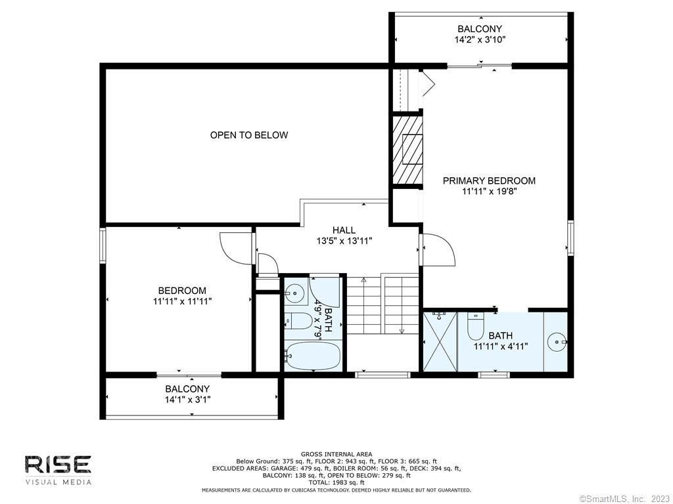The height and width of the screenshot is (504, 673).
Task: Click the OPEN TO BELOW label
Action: point(249,135)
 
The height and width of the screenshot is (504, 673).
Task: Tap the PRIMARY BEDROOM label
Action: point(489,180)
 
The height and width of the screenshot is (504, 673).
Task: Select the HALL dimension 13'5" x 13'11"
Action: point(344,241)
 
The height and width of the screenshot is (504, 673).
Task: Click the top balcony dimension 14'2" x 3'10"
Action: point(480,40)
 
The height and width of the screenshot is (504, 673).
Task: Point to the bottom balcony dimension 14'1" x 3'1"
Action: point(187,400)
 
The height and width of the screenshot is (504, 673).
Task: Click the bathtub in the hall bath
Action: point(312,356)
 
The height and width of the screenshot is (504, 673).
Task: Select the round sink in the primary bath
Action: point(557,341)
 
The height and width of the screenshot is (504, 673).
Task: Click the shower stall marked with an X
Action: point(440,341)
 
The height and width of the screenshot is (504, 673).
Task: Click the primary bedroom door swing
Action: point(438,250)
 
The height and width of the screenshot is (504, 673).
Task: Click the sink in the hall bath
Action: point(295,293)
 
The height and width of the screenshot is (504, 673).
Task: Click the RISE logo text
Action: point(58,465)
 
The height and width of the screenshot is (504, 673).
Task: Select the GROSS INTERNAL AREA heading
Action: point(336,454)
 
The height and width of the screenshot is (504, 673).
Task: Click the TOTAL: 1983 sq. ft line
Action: point(336,482)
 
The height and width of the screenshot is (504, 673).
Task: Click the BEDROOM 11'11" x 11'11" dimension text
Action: point(183,301)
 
